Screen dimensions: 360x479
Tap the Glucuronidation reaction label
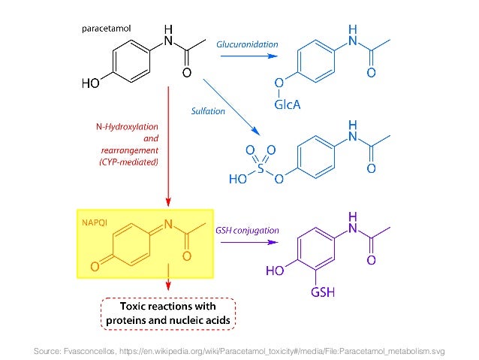(247, 45)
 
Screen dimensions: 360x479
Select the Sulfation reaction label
(209, 110)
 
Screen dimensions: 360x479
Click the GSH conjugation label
(248, 231)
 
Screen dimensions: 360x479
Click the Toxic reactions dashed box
(168, 313)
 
